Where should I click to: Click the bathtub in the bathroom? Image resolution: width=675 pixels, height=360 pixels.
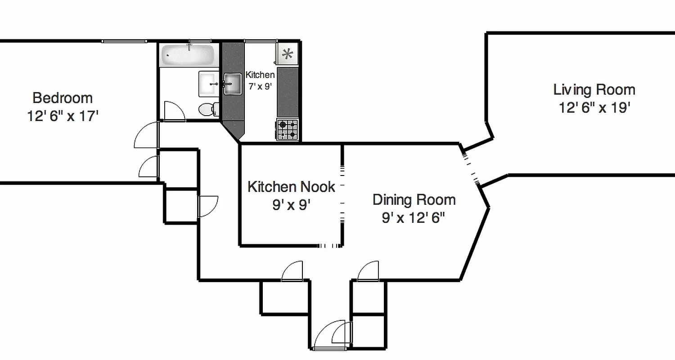click(188, 55)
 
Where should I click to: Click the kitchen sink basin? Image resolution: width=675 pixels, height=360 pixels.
click(233, 84)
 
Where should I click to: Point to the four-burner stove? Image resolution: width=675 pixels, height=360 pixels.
click(287, 130)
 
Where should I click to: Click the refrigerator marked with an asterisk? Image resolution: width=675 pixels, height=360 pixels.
click(287, 54)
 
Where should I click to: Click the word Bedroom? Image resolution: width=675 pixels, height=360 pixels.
click(63, 98)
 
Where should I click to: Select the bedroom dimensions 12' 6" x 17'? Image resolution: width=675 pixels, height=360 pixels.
click(63, 116)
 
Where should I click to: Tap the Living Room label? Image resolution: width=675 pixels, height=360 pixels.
click(594, 90)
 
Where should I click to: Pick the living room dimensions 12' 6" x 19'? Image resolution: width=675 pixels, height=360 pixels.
click(594, 108)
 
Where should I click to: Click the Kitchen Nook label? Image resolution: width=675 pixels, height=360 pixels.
click(291, 187)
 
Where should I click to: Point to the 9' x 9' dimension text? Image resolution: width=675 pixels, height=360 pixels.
click(291, 205)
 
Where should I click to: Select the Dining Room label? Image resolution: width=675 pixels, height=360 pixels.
click(414, 199)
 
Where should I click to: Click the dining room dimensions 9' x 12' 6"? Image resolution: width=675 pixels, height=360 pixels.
click(413, 218)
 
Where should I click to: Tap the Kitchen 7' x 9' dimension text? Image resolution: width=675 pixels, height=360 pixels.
click(260, 86)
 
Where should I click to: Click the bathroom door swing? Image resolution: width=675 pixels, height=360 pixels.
click(173, 112)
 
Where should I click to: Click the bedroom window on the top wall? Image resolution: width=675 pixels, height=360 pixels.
click(124, 41)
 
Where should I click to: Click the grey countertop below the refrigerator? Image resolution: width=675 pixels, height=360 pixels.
click(288, 92)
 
